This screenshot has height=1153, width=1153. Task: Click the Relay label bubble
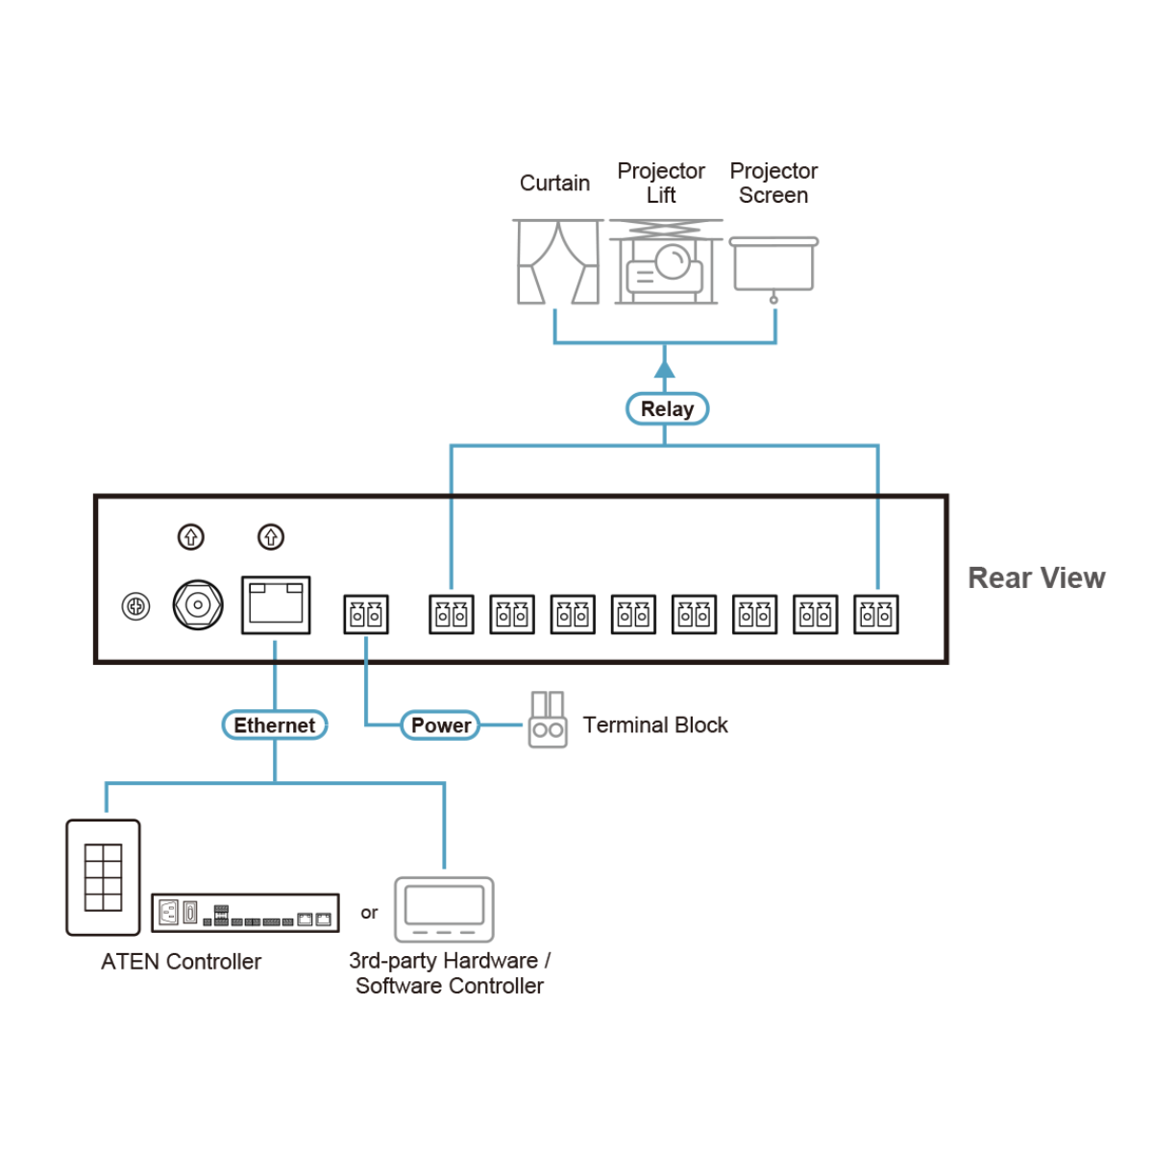(x=667, y=409)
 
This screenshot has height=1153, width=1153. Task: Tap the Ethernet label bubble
(x=275, y=725)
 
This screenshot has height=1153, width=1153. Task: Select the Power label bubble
(x=440, y=725)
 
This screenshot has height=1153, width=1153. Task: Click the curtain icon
(x=557, y=261)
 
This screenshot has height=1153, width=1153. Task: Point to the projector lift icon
(x=665, y=261)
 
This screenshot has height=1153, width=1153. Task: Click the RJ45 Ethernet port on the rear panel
(x=276, y=605)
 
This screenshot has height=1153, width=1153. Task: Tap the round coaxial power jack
(x=198, y=605)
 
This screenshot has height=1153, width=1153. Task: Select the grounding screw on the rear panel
(x=136, y=606)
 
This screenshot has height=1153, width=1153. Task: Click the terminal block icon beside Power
(x=548, y=720)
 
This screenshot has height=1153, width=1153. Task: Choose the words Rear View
(x=1036, y=578)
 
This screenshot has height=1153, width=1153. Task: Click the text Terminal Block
(x=655, y=725)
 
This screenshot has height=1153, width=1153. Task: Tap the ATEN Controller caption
(x=181, y=962)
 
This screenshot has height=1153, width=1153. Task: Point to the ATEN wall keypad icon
(x=103, y=877)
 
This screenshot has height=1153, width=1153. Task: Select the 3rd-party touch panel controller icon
(x=444, y=909)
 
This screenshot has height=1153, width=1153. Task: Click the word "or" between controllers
(x=369, y=913)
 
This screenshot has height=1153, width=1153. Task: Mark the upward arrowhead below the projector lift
(x=664, y=369)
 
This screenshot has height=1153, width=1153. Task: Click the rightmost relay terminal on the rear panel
(x=876, y=615)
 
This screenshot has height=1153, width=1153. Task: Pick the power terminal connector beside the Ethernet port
(x=366, y=615)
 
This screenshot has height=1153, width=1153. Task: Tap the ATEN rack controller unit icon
(x=245, y=913)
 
